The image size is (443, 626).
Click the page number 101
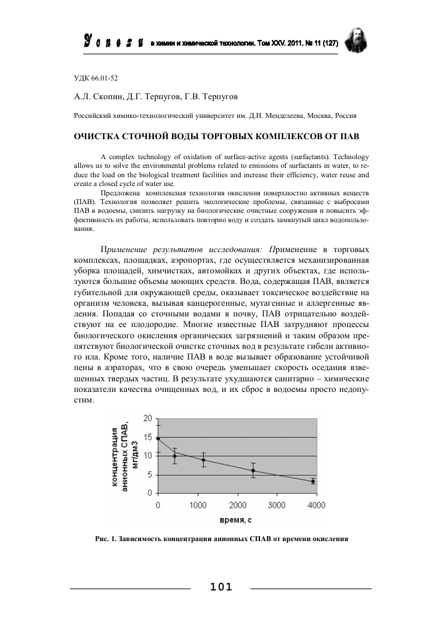pos(222,587)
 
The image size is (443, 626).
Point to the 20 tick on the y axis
pos(147,419)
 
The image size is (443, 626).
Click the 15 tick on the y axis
pos(147,438)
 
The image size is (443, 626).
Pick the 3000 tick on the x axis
pos(276,504)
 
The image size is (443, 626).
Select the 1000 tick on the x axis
pos(197,504)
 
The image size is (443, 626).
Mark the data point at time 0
pos(158,438)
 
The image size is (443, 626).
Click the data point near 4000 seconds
pos(313,481)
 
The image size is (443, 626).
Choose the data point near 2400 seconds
pos(253,471)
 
